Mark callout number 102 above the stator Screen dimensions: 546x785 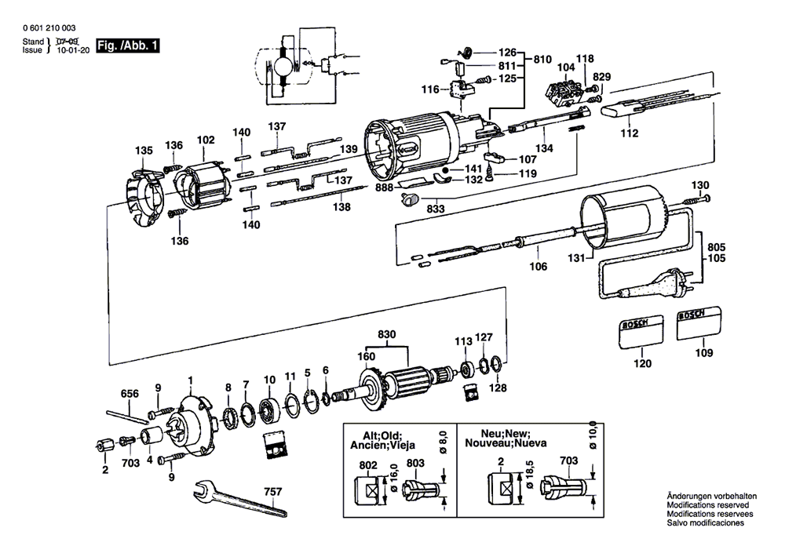[x=206, y=140]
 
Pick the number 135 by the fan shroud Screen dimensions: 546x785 [x=144, y=151]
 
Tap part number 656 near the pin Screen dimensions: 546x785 [x=130, y=394]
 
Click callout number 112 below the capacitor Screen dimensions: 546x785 [x=630, y=133]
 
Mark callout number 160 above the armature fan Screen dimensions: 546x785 [x=366, y=356]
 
